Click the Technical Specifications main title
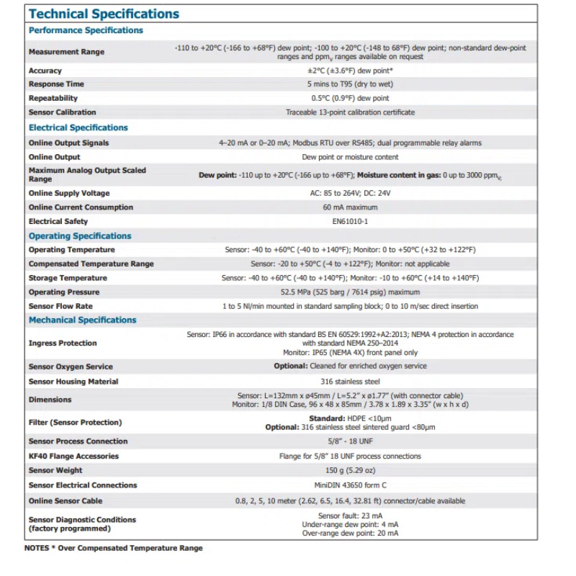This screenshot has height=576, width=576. tap(104, 14)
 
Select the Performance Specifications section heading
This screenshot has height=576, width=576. tap(86, 30)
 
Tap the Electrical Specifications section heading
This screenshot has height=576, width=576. tap(78, 127)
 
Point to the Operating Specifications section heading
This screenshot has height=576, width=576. tap(80, 236)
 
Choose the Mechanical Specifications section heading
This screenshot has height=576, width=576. tap(82, 320)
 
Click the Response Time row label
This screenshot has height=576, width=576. tap(56, 84)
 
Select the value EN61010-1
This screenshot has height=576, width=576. tap(350, 222)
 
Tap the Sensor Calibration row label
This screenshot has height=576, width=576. tap(62, 112)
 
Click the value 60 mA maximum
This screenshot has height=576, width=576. tap(350, 207)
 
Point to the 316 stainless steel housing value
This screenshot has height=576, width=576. tap(350, 382)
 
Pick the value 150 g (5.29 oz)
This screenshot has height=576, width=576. tap(350, 471)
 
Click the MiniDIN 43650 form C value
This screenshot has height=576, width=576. tap(350, 485)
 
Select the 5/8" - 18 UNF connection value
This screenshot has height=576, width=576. tap(350, 441)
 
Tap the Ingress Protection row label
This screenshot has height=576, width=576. tap(63, 343)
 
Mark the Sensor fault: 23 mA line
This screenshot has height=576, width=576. tap(350, 516)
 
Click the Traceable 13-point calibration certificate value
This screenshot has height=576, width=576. tap(350, 112)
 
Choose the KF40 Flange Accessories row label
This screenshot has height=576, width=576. tap(73, 456)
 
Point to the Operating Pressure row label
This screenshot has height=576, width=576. tap(64, 292)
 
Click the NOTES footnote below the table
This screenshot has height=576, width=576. tap(113, 548)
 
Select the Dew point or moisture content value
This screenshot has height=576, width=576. tap(350, 157)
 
